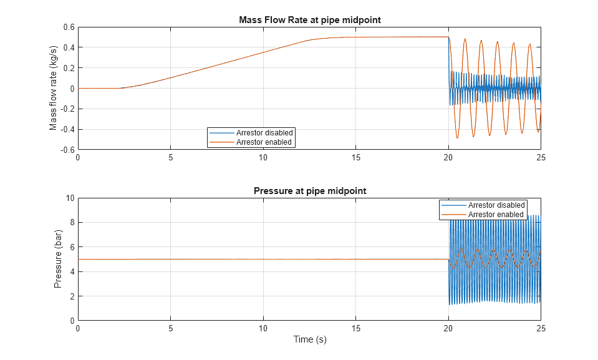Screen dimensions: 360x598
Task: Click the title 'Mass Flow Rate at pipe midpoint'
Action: click(x=309, y=20)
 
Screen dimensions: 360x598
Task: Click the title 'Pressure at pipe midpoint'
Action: click(x=309, y=191)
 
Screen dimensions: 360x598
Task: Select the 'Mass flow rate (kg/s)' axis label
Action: click(x=54, y=88)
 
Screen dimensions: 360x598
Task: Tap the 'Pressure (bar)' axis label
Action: click(x=58, y=259)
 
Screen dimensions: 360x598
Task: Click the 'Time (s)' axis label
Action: click(x=309, y=339)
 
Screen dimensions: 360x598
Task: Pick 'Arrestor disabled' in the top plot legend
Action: click(x=264, y=133)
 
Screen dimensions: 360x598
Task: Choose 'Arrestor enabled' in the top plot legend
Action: click(x=264, y=142)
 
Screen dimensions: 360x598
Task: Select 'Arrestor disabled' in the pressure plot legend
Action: click(x=496, y=205)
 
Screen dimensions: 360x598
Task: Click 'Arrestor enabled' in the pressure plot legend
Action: click(x=496, y=214)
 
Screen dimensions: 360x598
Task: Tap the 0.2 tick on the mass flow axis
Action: click(x=68, y=68)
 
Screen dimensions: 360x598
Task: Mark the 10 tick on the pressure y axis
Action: click(x=70, y=198)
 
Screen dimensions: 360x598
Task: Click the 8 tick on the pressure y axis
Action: click(x=72, y=222)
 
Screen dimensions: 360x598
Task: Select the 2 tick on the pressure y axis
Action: click(x=72, y=296)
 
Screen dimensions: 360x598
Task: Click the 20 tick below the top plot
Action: click(x=448, y=157)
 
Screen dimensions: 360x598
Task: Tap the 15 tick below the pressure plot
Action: click(x=355, y=328)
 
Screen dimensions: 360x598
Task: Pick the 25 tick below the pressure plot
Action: click(x=541, y=328)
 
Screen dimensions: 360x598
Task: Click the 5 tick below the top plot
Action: click(x=170, y=157)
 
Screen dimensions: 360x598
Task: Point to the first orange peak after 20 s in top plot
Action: click(x=465, y=39)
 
